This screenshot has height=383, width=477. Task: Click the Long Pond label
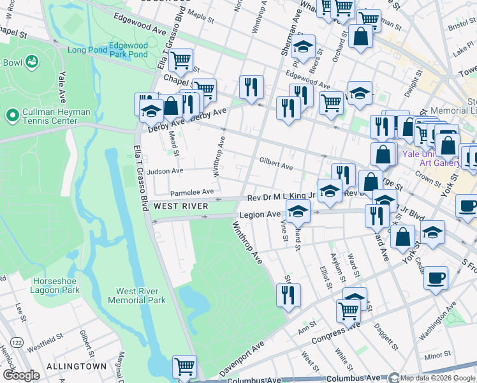coord(85,50)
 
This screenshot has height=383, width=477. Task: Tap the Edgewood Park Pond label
coord(128,50)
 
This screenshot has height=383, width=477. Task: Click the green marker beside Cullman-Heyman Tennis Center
coord(11,116)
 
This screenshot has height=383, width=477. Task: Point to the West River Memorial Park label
coord(136,296)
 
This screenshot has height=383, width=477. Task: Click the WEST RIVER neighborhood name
coord(180,206)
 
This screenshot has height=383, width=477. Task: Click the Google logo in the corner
coord(21,375)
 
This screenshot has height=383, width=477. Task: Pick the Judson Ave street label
coord(165,171)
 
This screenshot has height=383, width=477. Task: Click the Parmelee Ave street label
coord(191,192)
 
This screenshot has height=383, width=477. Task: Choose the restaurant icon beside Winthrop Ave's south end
coord(288,295)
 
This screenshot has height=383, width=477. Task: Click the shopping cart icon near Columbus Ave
coord(184,366)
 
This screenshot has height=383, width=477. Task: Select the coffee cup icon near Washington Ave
coord(436,278)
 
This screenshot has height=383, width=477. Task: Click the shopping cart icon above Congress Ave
coord(348,311)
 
